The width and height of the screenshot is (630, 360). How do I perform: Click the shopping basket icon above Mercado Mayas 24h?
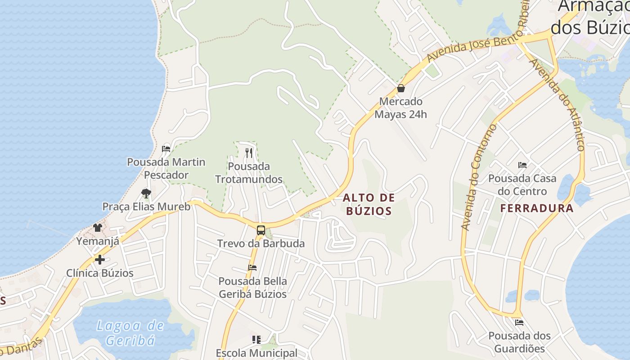point(400,88)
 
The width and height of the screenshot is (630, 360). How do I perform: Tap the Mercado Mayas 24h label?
point(400,108)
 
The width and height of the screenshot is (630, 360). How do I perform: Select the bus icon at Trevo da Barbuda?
point(261,230)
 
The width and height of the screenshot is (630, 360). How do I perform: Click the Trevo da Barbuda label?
point(261,244)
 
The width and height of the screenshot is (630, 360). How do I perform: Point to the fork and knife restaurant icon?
point(249,153)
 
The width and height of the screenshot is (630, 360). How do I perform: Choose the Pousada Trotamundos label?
point(249,173)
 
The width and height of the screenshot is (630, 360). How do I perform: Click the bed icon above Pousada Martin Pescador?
point(166,148)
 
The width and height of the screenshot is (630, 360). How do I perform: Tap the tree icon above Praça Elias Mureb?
point(146,193)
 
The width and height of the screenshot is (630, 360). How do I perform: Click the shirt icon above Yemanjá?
point(98,228)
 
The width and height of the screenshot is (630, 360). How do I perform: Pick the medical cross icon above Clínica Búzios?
point(99,260)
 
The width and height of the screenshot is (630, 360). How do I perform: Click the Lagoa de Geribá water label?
point(130,333)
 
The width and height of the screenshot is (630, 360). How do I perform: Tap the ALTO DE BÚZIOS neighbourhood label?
point(369,204)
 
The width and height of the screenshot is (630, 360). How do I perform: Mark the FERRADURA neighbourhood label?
point(537,208)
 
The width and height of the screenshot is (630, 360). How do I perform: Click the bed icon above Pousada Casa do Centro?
point(522,165)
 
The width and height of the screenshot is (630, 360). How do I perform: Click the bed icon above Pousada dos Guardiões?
point(519,322)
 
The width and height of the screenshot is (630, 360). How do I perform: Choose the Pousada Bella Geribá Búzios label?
point(252,288)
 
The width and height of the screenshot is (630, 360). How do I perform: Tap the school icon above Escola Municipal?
point(256,339)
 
